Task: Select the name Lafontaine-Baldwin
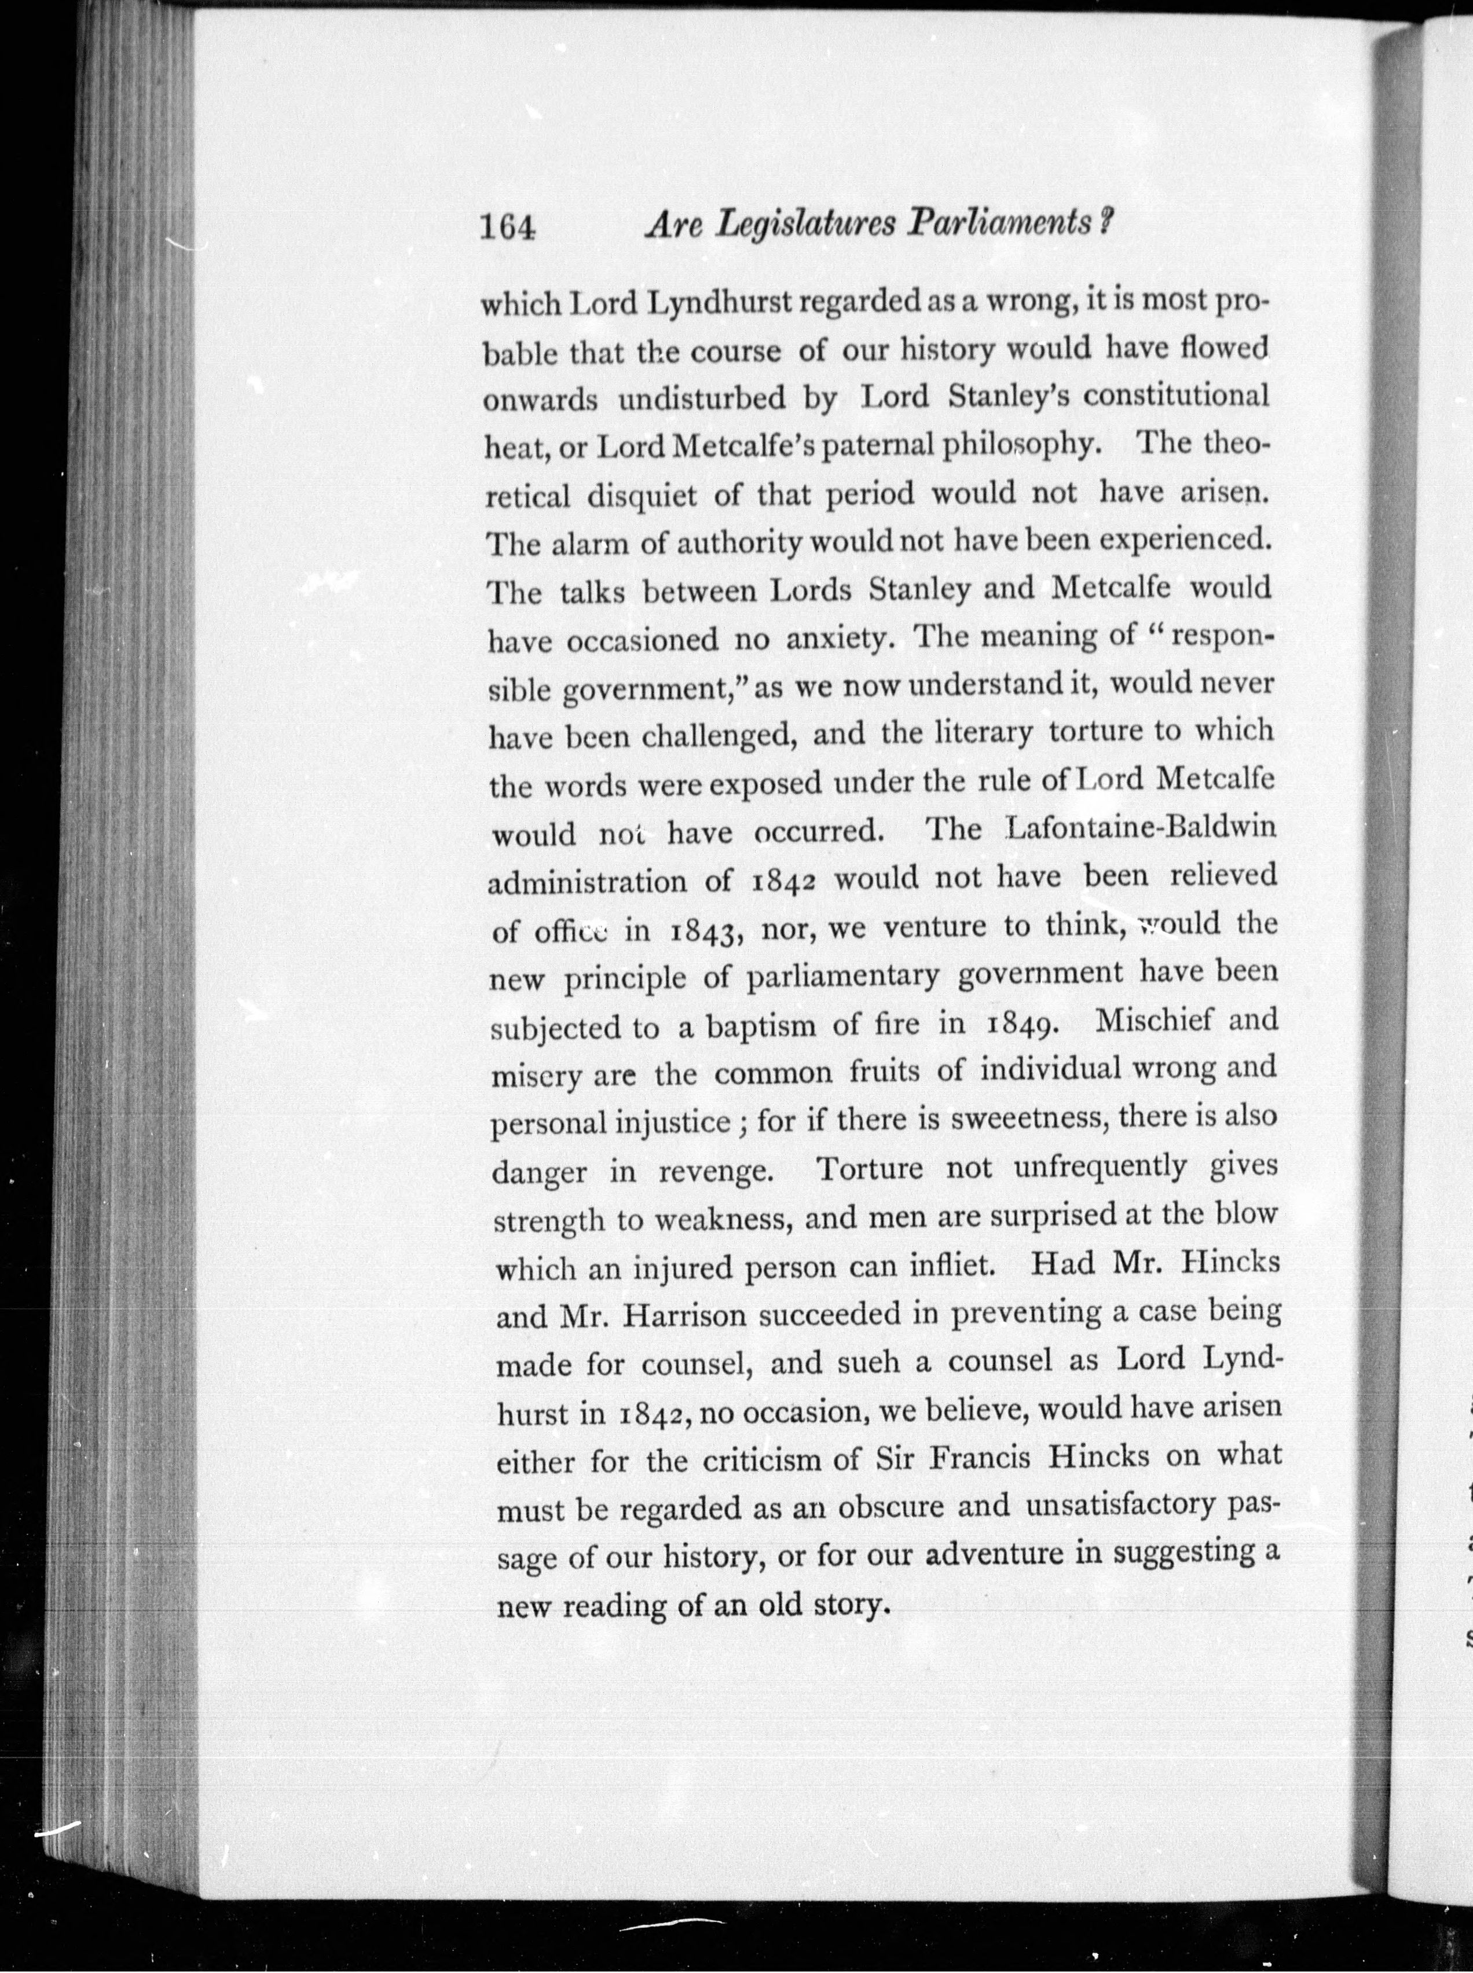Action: coord(1141,828)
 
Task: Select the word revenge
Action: coord(715,1171)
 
